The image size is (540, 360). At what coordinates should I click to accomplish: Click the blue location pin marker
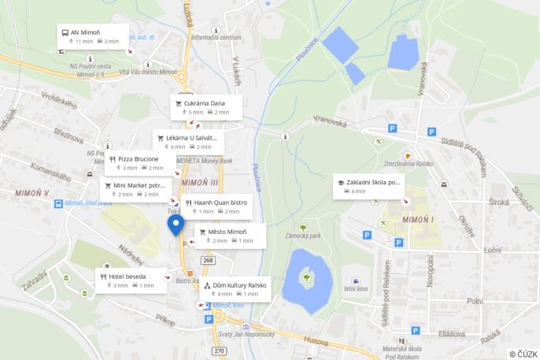point(176,225)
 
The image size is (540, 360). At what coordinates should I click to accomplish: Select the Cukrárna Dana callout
point(204,106)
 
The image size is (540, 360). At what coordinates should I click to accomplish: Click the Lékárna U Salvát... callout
point(189,141)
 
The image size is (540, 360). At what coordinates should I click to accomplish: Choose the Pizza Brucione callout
point(140,162)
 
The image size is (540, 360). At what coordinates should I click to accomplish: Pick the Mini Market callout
point(135,189)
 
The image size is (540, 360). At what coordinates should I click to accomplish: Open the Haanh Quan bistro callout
point(217,206)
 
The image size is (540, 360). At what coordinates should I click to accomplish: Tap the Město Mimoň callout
point(229,236)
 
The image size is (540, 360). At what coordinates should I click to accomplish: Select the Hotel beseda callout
point(131,280)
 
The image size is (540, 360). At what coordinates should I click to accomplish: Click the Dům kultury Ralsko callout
point(235,288)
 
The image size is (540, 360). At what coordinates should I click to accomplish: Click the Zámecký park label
point(303,236)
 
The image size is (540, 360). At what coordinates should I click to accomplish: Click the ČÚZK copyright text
point(523,354)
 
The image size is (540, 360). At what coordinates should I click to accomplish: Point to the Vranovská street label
point(330,122)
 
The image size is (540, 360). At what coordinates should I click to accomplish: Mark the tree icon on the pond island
point(305,276)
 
